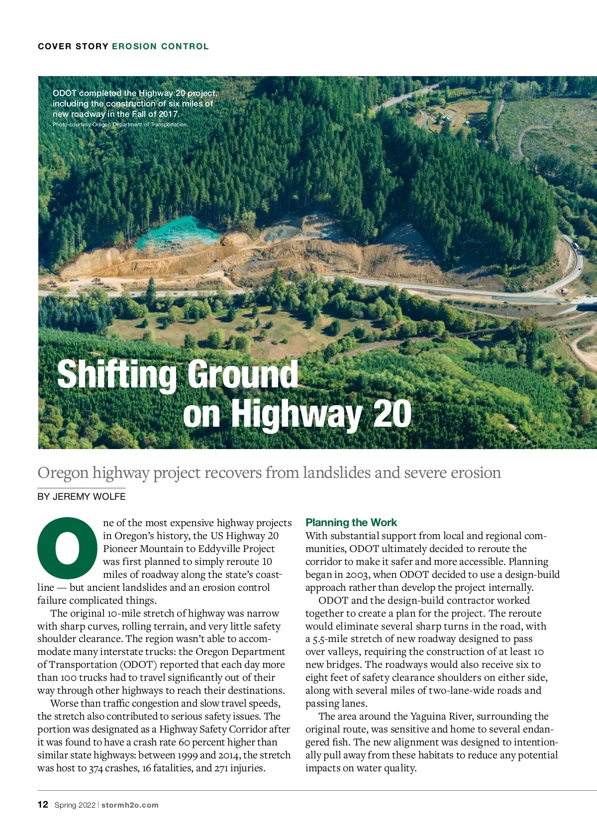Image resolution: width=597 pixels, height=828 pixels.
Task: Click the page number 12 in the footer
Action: [x=43, y=805]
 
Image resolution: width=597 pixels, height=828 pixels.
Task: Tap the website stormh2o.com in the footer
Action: [x=130, y=805]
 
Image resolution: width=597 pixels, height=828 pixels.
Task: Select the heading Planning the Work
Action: [x=351, y=522]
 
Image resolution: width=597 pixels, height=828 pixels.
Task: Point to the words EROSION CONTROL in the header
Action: [x=160, y=46]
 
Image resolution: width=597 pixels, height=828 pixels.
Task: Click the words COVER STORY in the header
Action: [x=73, y=46]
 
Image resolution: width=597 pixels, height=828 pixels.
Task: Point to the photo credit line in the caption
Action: [x=120, y=124]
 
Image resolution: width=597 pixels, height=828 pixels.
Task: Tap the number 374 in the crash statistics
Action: [x=96, y=768]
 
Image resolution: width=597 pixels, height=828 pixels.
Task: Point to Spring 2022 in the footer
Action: [x=75, y=805]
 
